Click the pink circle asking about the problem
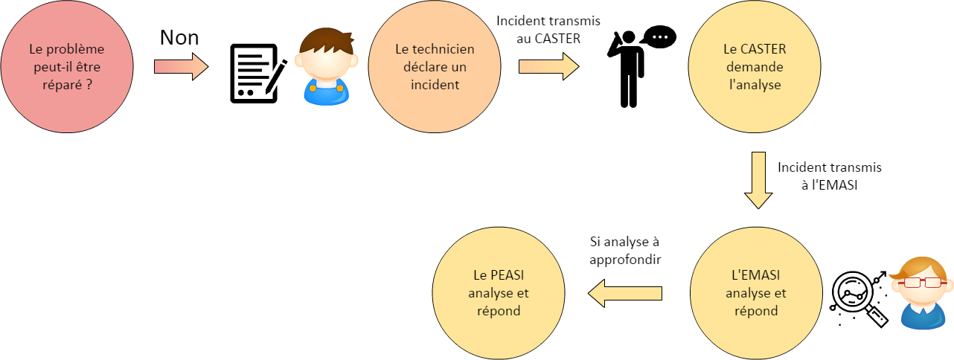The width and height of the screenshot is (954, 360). pos(67,68)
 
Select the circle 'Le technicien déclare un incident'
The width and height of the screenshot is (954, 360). pos(435,68)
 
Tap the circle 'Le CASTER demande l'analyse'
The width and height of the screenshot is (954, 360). pos(755,68)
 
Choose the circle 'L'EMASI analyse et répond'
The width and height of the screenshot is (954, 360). pos(756,293)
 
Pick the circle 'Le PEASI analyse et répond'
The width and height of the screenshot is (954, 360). pos(499,293)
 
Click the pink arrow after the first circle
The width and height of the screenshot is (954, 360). pos(181,67)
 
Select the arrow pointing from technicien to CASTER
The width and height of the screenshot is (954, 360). pos(548,67)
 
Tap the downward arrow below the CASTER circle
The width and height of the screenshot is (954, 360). pos(758,179)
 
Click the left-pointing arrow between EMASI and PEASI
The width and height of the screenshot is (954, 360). pos(625,293)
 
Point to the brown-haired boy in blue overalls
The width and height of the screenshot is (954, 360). pos(326,66)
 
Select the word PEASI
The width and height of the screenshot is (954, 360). pos(509,275)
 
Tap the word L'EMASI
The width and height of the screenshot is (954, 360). pos(755,275)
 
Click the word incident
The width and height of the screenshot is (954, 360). pos(435,85)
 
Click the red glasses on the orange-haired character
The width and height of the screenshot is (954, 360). pos(921,283)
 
